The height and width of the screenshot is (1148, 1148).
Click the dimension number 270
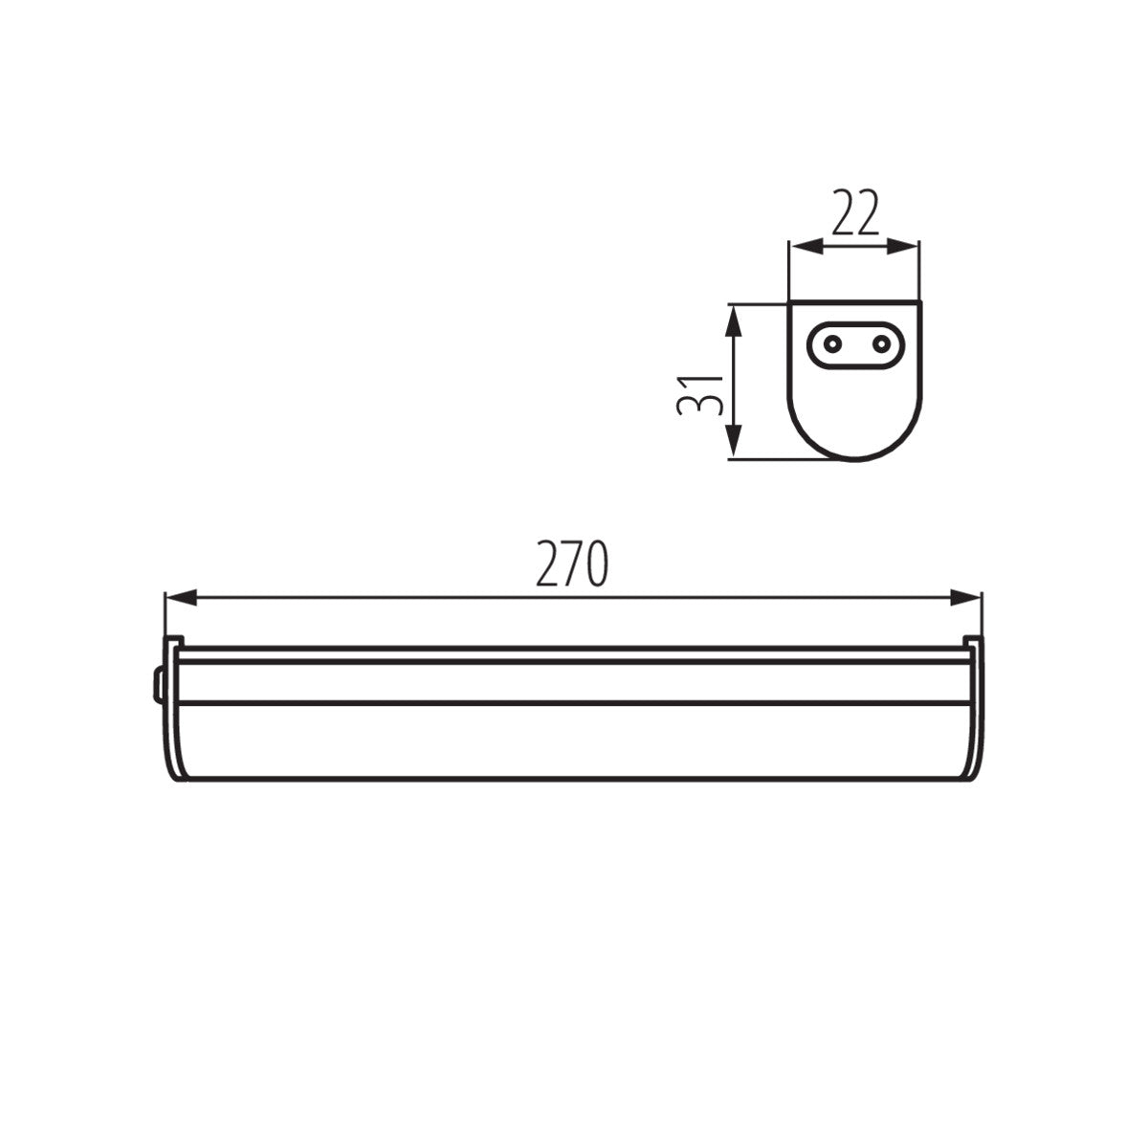(x=572, y=563)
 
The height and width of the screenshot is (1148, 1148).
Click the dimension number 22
(x=855, y=212)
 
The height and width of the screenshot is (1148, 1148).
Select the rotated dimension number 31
(x=699, y=395)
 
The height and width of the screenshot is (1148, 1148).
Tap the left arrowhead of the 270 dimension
(x=181, y=598)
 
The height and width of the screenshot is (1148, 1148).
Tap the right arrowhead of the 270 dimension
(x=965, y=598)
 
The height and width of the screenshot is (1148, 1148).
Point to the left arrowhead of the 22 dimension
(x=806, y=246)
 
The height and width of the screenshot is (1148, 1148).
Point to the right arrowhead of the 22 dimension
(x=902, y=246)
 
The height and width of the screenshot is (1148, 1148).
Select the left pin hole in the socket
(x=832, y=343)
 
